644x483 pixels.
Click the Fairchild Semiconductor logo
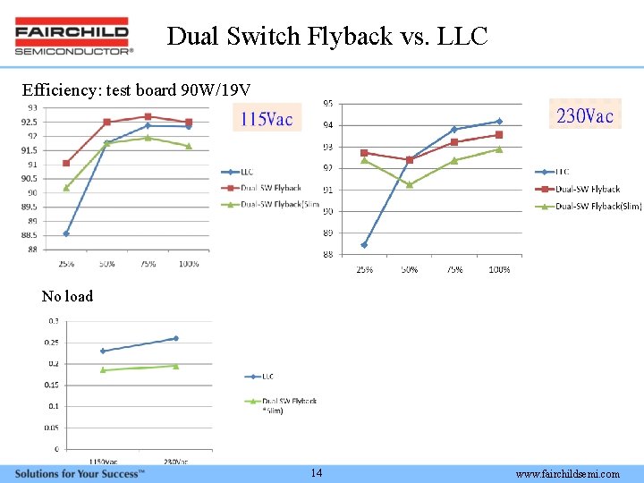[74, 37]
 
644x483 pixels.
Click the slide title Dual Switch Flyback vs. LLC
[327, 37]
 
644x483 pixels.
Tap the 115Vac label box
[266, 118]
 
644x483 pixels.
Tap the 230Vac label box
[586, 115]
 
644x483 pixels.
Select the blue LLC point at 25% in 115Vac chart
[66, 233]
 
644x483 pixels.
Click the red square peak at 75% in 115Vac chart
[148, 116]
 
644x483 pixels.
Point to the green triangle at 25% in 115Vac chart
[66, 188]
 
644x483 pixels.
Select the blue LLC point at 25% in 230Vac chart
[364, 244]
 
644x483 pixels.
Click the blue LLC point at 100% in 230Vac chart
[499, 121]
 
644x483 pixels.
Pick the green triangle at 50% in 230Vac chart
[410, 184]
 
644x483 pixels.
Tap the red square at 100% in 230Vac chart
[499, 135]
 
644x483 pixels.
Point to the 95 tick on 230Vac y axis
[328, 103]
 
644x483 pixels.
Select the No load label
[67, 296]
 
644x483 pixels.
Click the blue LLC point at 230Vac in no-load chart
[175, 338]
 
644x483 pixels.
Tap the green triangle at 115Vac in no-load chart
[103, 369]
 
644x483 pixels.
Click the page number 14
[317, 473]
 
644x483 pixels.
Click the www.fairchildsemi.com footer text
[567, 474]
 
